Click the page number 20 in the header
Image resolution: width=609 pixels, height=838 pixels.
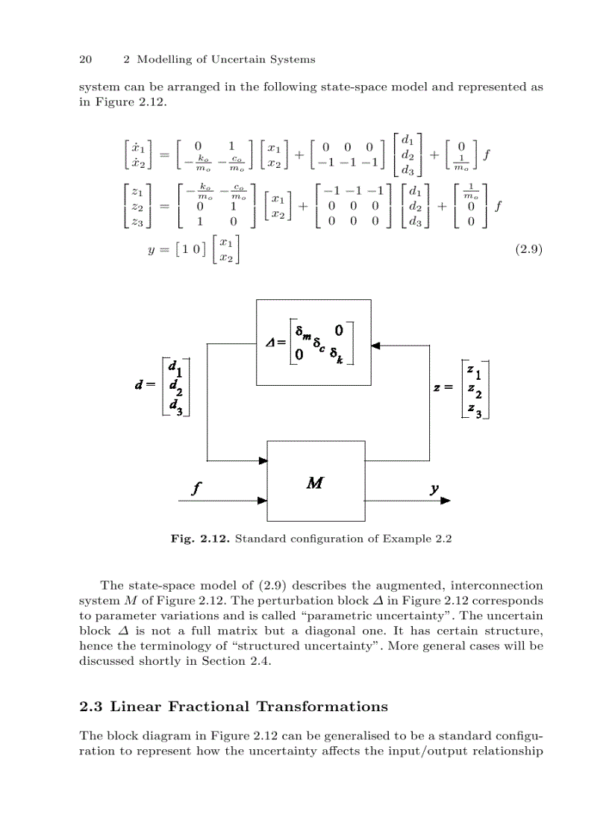click(x=84, y=60)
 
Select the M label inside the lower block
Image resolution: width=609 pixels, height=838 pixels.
click(x=315, y=482)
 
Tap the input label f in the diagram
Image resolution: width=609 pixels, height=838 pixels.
click(x=196, y=489)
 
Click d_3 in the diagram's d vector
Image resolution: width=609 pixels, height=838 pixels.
click(x=175, y=407)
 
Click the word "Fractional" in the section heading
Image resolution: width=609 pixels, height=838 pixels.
click(x=210, y=707)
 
